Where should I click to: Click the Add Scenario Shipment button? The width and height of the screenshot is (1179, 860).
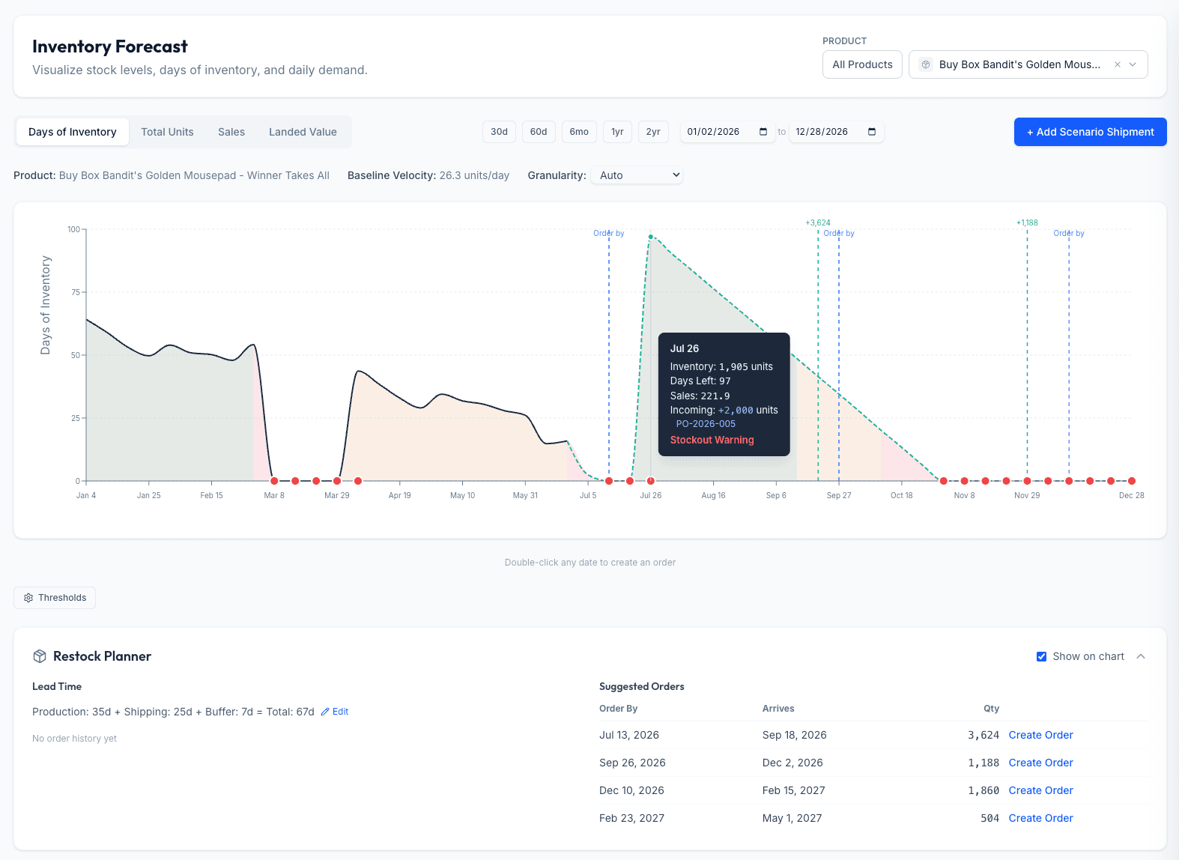(1090, 132)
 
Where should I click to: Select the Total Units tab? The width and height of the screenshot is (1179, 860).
(167, 132)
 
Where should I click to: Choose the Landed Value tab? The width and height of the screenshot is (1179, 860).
(303, 132)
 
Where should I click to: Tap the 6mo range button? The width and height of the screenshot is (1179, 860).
(579, 132)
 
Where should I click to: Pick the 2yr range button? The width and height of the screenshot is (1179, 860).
(653, 132)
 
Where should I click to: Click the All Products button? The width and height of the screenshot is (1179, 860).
(862, 64)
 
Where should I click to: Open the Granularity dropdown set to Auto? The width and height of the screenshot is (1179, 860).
(637, 175)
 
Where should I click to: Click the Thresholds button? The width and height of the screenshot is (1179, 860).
(55, 597)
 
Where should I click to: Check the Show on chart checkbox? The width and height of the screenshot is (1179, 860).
(1041, 656)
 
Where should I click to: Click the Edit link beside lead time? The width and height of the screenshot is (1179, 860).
(335, 712)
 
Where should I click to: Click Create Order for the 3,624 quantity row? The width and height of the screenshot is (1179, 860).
(1040, 735)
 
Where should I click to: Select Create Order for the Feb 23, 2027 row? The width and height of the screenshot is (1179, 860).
(1040, 818)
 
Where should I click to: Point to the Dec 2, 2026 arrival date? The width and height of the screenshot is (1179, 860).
(792, 763)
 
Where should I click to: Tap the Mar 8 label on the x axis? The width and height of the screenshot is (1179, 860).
(273, 495)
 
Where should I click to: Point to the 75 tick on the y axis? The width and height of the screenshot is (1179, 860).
(76, 292)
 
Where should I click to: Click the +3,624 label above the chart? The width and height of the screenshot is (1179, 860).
(818, 222)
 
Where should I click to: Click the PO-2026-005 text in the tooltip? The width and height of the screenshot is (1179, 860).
(706, 424)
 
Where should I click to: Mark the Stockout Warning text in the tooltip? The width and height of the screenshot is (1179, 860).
(712, 440)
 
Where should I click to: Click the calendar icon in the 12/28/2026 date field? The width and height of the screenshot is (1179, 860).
(872, 132)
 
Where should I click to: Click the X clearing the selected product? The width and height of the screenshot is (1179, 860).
(1117, 64)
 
